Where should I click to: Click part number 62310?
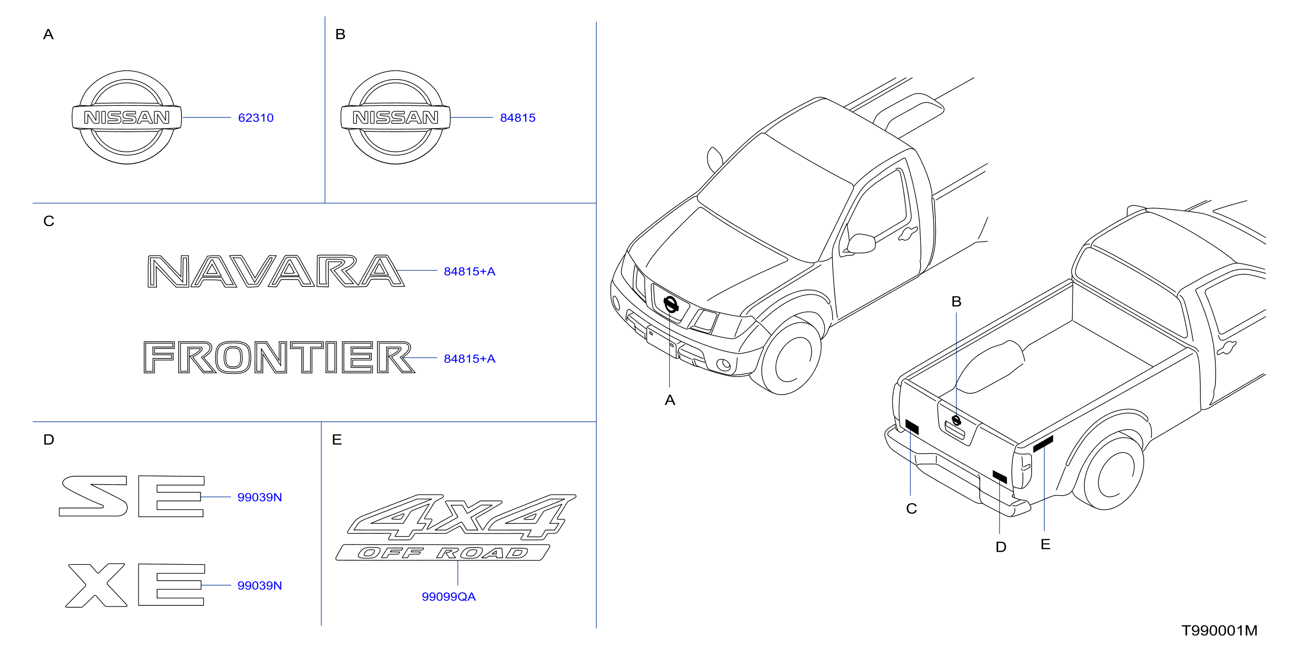coord(255,118)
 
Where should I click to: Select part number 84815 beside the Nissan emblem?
coord(518,118)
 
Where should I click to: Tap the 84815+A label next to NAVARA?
coord(469,272)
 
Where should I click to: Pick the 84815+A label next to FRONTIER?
coord(469,359)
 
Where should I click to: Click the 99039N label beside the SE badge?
coord(260,497)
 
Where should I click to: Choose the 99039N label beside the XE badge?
coord(260,586)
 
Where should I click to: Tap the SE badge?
coord(132,496)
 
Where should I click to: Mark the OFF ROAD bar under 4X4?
coord(442,552)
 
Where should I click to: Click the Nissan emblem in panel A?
coord(127,117)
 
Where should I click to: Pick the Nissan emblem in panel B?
coord(395,117)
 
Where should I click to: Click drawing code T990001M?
coord(1219,630)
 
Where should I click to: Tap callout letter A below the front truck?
coord(670,400)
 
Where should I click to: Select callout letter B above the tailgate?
coord(956,302)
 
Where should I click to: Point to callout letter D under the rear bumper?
coord(1001,547)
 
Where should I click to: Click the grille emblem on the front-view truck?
coord(671,304)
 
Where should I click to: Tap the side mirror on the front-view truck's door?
coord(861,243)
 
